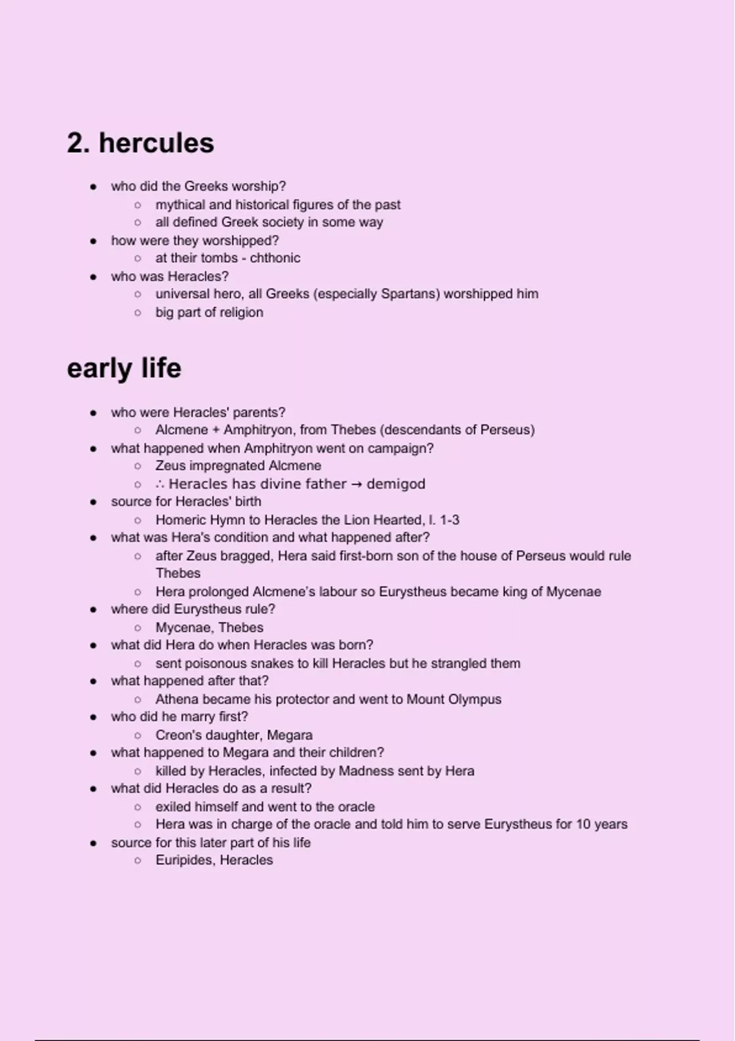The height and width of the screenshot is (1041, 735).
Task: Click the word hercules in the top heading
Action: [x=156, y=143]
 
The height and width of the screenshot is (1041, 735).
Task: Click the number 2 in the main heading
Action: [x=75, y=143]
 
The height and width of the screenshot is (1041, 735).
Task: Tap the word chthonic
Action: [x=275, y=258]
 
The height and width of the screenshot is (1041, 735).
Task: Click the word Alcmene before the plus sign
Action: [x=182, y=430]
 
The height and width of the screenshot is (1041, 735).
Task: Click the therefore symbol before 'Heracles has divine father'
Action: [x=160, y=484]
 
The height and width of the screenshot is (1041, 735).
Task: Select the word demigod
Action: [x=396, y=484]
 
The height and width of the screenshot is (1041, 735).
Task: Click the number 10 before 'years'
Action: [x=583, y=824]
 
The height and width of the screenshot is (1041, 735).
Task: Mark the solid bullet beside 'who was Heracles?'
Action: [x=93, y=277]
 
